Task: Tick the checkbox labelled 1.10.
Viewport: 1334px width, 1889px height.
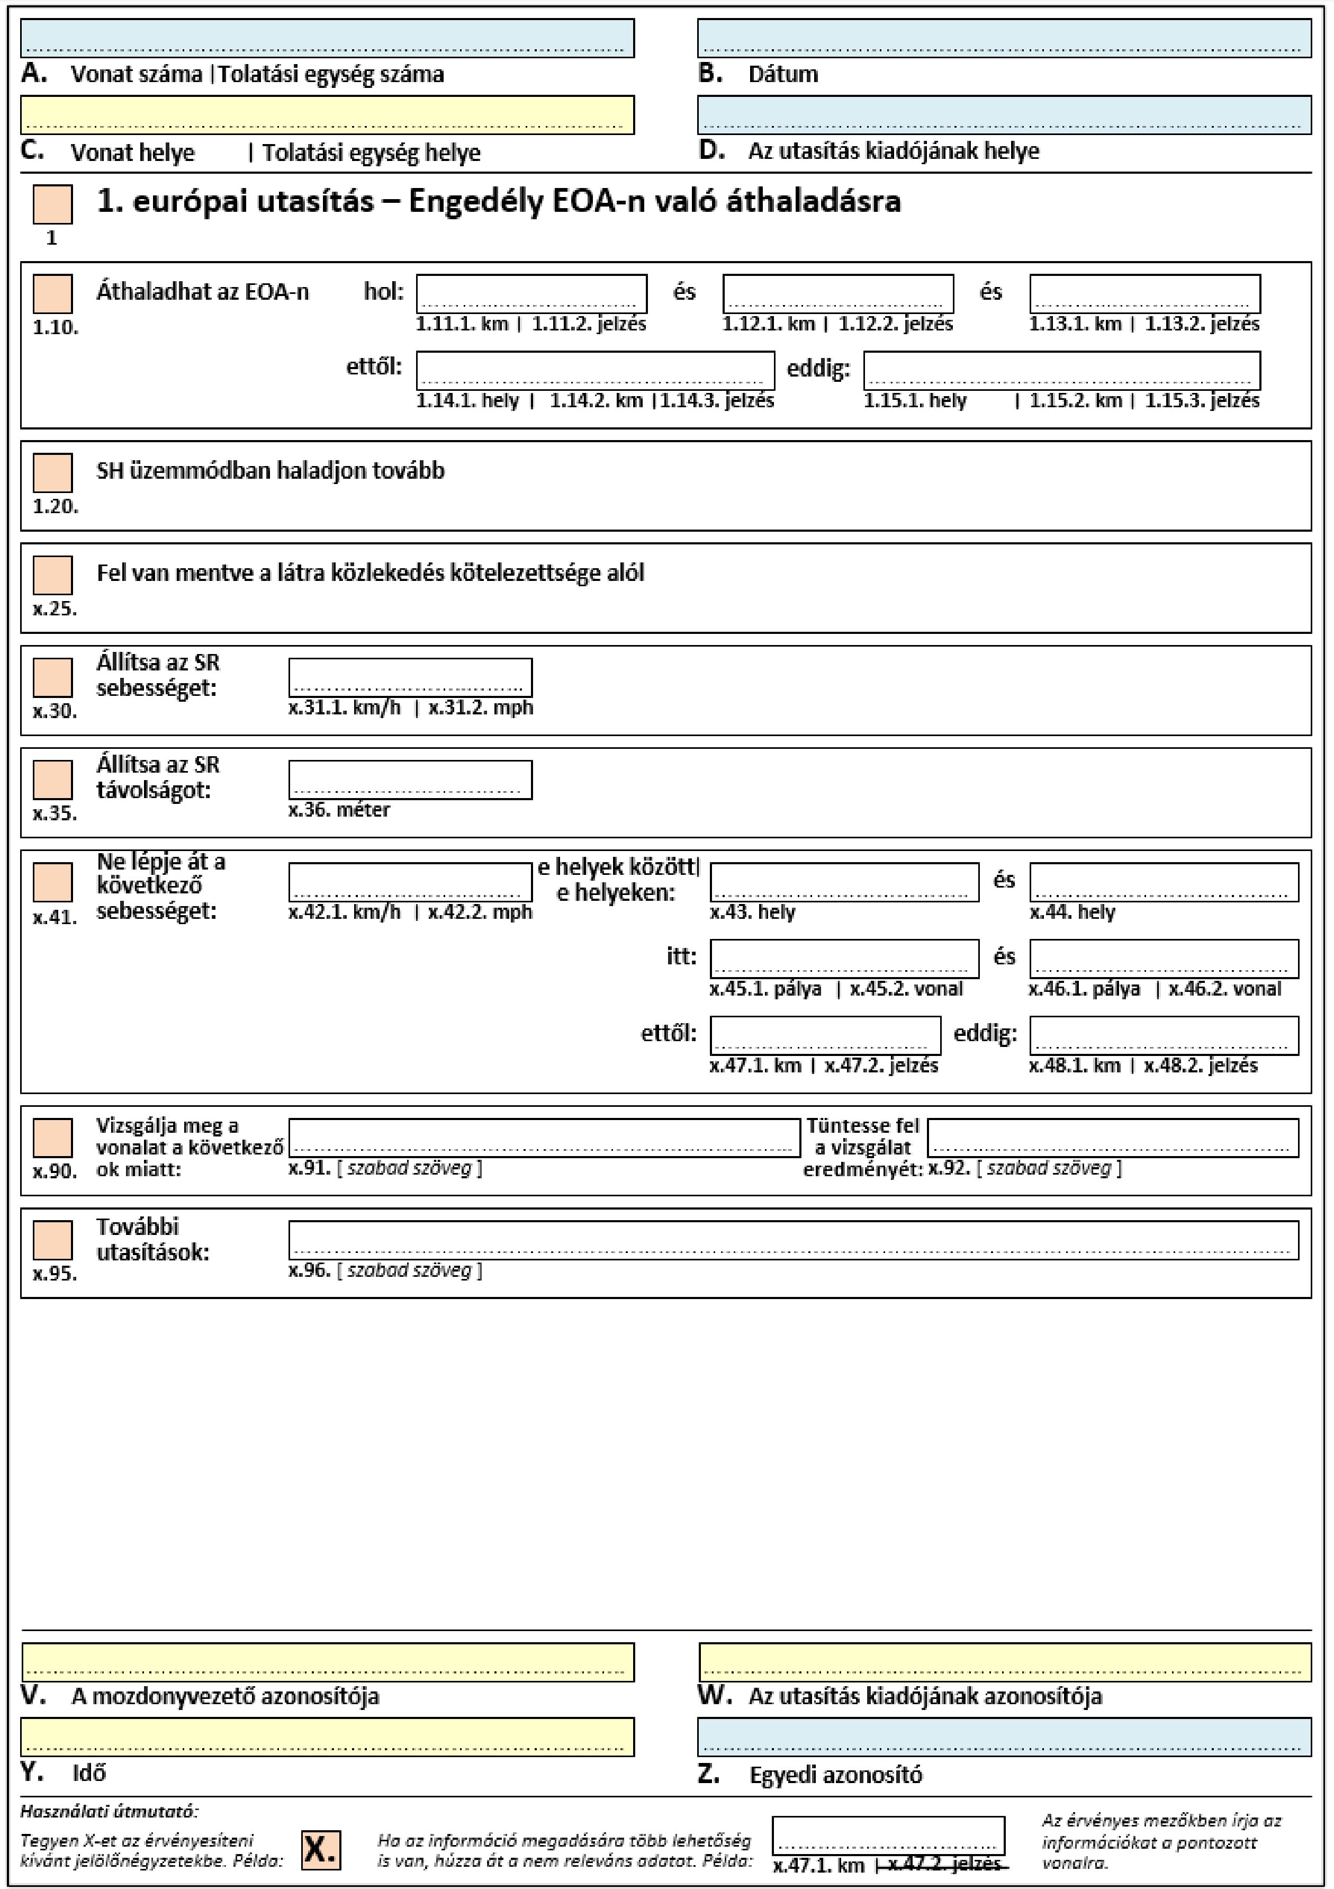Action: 52,294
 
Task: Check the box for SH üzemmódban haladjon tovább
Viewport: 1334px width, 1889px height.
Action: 52,473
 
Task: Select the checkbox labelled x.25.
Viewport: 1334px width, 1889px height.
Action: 52,575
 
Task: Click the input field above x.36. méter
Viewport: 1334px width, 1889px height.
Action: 410,779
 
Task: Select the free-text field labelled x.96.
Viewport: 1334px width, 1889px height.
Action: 793,1240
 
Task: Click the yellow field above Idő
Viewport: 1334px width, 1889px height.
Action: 327,1737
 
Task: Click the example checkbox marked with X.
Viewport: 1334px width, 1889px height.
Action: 320,1850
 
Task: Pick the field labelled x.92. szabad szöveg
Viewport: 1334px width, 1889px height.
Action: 1113,1138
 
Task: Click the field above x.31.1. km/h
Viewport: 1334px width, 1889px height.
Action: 410,677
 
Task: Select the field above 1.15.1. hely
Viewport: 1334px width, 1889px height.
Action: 1061,370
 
